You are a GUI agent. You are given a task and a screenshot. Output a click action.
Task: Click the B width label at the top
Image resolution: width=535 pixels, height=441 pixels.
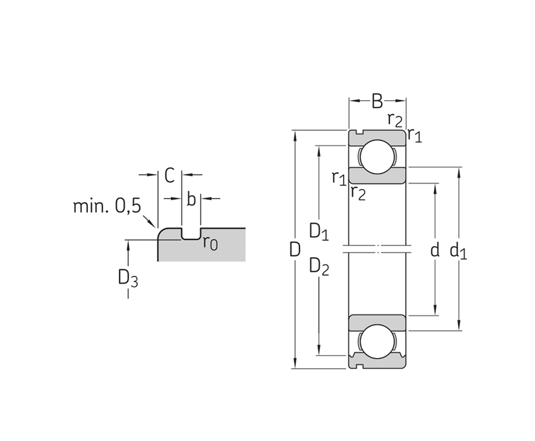(377, 101)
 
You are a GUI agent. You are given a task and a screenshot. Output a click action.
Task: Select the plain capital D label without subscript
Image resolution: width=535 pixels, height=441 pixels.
(295, 249)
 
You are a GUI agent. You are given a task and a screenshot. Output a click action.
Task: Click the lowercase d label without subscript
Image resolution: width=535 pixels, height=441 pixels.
(435, 249)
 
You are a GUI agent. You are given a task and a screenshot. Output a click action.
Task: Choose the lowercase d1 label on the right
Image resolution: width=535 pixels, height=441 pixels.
(458, 250)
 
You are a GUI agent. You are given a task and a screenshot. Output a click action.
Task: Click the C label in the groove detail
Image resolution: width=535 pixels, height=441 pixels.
(169, 175)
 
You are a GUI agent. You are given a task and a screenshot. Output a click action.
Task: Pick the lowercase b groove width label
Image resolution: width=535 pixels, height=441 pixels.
(191, 199)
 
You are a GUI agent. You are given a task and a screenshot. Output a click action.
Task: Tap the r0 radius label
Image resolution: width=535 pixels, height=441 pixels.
(210, 243)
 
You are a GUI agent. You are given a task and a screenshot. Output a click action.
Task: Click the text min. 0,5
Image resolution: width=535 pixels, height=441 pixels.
(107, 206)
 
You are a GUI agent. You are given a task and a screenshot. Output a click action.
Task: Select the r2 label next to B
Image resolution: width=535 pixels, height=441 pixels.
(395, 119)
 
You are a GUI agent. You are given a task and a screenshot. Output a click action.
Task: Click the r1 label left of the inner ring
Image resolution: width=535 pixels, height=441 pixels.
(338, 177)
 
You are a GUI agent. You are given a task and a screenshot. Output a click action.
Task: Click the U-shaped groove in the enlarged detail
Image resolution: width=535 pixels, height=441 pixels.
(191, 234)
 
